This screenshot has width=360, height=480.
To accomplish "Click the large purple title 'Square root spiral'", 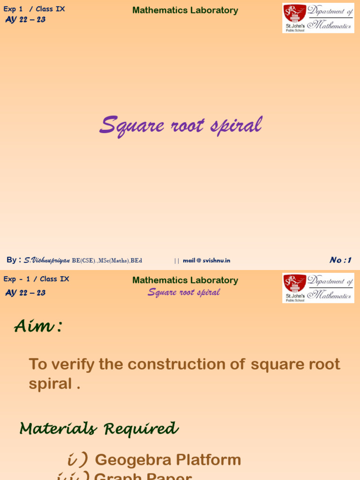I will (x=180, y=126).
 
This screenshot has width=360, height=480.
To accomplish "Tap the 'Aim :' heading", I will (x=37, y=326).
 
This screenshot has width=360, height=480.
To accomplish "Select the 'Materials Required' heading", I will (x=99, y=428).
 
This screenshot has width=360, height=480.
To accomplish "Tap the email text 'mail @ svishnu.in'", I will (x=206, y=261).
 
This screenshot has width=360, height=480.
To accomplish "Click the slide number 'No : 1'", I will (x=340, y=260).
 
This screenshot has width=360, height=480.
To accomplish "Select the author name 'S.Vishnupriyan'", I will (x=47, y=260).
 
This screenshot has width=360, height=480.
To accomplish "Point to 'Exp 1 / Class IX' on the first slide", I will (x=34, y=9).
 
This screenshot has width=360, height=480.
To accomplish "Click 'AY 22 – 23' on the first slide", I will (x=25, y=19).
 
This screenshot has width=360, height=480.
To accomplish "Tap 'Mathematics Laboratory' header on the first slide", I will (x=185, y=10).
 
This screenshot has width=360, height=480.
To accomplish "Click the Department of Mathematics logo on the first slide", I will (x=318, y=18).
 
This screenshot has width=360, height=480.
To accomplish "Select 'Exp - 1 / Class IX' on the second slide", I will (x=36, y=279).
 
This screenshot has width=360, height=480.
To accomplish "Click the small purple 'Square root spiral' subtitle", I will (x=184, y=292).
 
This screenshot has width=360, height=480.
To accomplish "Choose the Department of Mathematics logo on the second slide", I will (x=318, y=288).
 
